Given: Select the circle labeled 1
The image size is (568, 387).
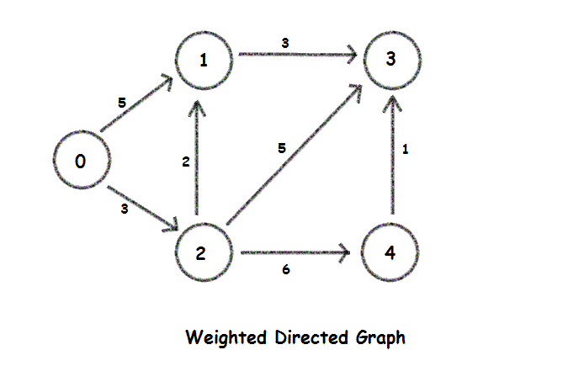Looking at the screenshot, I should (x=201, y=60).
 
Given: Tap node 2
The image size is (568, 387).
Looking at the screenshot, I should (x=201, y=253).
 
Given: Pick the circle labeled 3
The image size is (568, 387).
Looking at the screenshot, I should (x=390, y=60).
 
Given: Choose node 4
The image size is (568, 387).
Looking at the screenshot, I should (x=390, y=253).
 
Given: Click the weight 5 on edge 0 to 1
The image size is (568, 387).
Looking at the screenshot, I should (x=122, y=103).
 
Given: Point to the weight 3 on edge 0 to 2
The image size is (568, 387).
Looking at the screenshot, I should (x=125, y=209).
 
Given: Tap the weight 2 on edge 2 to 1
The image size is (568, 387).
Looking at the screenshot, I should (x=186, y=162).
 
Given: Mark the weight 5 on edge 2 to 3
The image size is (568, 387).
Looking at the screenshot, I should (x=282, y=149).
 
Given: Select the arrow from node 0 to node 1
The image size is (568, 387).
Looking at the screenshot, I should (x=137, y=104).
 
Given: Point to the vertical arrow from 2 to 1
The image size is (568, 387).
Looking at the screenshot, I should (x=199, y=156).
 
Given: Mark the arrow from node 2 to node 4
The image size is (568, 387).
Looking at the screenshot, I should (x=295, y=252).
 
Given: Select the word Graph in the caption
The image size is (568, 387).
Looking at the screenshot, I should (x=380, y=338).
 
